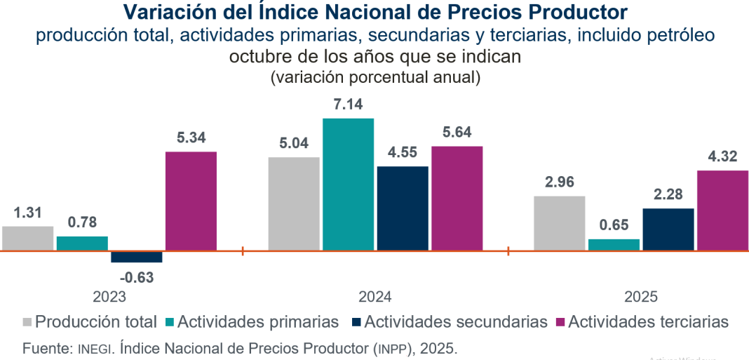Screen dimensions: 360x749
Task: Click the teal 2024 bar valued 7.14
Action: coord(348,184)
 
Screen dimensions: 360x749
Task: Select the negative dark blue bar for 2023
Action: coord(137,257)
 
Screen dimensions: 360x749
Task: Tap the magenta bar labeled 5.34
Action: coord(191,201)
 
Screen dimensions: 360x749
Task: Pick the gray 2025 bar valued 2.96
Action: coord(560,223)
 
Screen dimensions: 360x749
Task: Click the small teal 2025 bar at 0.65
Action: coord(614,244)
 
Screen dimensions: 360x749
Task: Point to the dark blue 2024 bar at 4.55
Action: coord(403,208)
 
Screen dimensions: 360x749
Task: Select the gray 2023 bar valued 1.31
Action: coord(28,238)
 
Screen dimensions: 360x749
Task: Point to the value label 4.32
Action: coord(722,156)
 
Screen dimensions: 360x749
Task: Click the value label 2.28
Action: coord(668,194)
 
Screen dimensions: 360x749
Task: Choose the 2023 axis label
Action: coord(109,297)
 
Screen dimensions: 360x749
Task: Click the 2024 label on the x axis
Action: coord(374,297)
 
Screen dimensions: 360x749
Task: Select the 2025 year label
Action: coord(640,297)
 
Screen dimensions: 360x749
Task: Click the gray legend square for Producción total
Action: coord(27,322)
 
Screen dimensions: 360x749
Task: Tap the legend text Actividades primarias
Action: coord(258,322)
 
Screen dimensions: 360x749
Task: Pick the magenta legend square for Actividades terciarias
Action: coord(560,322)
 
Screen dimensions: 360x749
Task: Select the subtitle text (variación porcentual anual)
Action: coord(375,78)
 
